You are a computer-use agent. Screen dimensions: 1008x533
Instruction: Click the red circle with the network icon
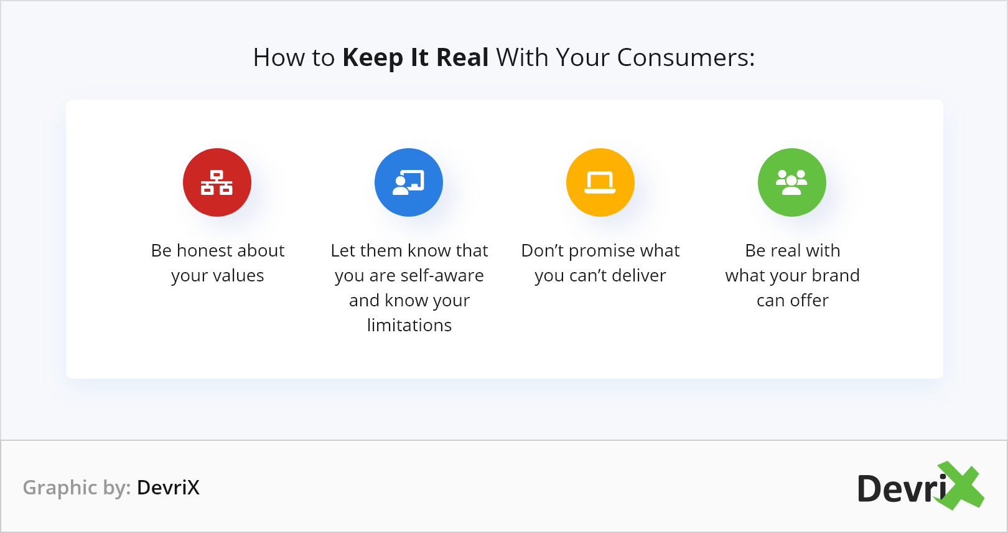tap(217, 182)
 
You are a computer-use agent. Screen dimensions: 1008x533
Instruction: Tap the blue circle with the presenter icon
tap(409, 182)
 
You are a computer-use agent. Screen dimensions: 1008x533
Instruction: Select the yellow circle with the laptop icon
tap(600, 182)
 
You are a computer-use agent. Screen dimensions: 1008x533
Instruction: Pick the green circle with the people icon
tap(792, 182)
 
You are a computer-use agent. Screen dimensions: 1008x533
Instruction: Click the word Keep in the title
tap(373, 59)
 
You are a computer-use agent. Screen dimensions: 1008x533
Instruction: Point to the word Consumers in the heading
tap(686, 58)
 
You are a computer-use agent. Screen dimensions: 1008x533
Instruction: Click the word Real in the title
tap(462, 58)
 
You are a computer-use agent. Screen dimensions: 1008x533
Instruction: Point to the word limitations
tap(409, 325)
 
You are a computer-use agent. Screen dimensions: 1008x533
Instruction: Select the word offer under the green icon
tap(809, 300)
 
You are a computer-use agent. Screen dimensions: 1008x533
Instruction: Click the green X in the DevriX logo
tap(958, 486)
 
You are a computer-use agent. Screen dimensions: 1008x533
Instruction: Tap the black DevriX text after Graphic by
tap(168, 487)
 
